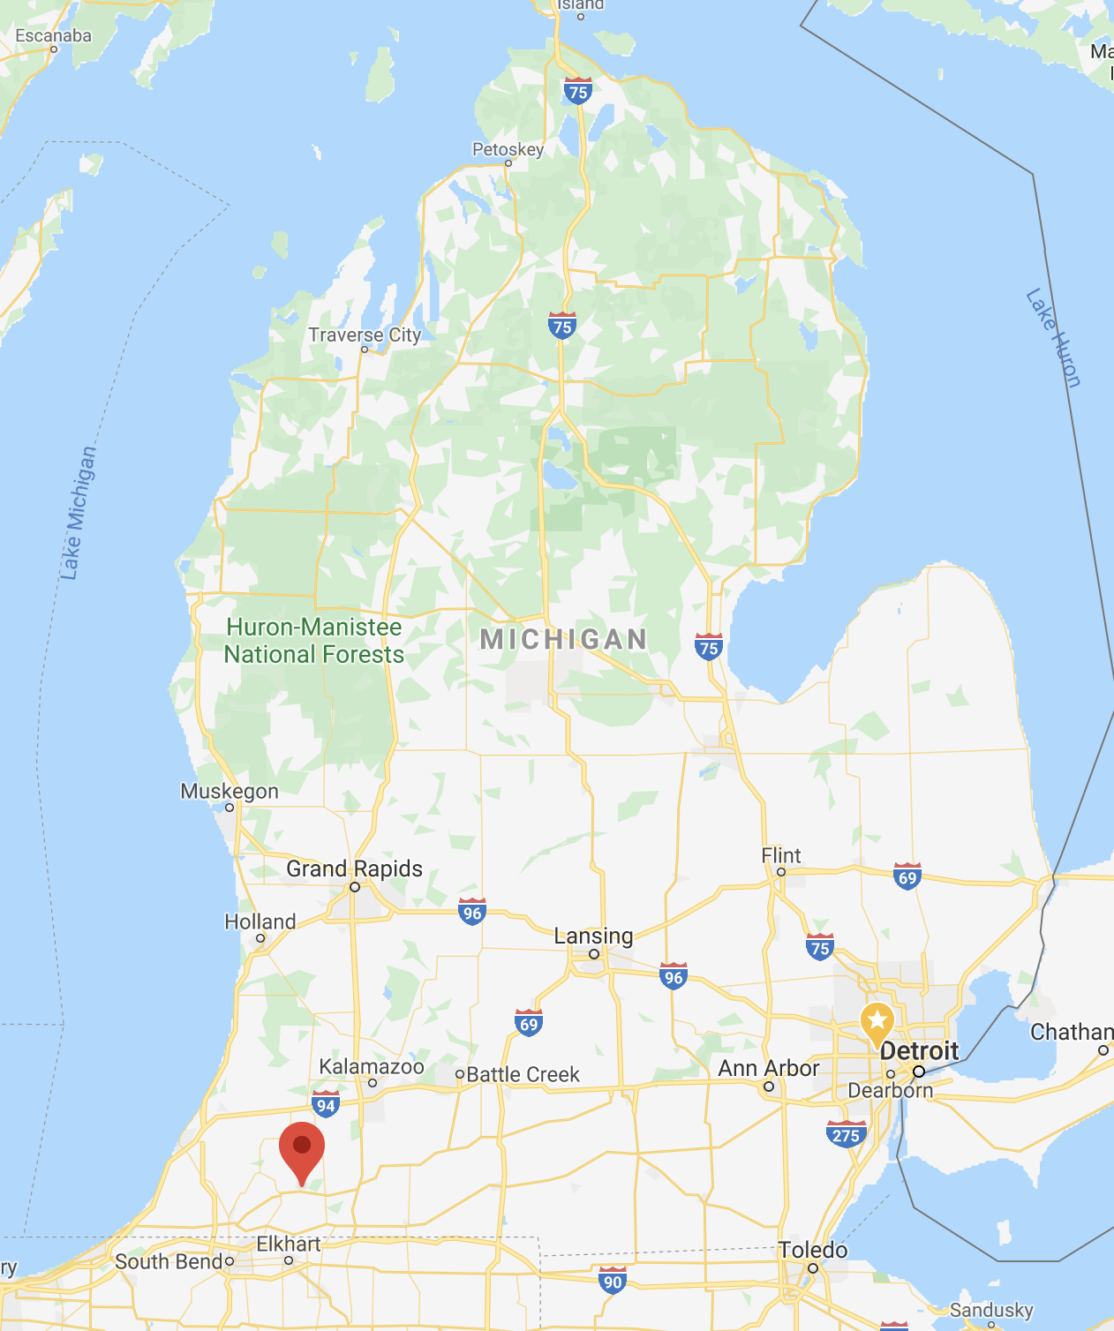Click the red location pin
point(302,1148)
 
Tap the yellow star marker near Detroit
point(877,1022)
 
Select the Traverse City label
point(365,335)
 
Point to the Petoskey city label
point(508,150)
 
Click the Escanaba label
point(53,36)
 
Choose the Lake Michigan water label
point(78,513)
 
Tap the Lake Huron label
point(1053,338)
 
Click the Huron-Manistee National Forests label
point(313,641)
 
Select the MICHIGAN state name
point(563,640)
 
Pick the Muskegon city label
point(230,792)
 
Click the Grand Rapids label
point(354,869)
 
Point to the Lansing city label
point(593,936)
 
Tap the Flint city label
point(781,856)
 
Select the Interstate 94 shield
point(326,1104)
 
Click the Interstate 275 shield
point(846,1134)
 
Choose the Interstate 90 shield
point(612,1281)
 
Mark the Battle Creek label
point(523,1075)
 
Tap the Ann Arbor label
point(768,1069)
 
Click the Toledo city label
point(812,1251)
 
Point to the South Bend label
point(169,1262)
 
